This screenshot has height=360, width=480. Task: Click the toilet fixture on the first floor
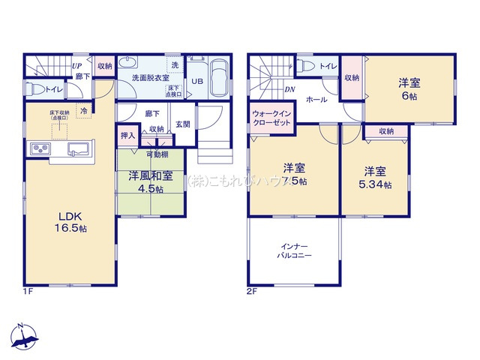click(x=35, y=89)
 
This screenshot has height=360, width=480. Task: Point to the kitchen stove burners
click(x=39, y=151)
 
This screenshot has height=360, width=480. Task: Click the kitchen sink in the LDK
click(x=76, y=151)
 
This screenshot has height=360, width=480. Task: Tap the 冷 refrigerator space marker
click(x=85, y=110)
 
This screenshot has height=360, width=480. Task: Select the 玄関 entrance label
click(x=183, y=124)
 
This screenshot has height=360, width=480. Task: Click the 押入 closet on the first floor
click(x=127, y=136)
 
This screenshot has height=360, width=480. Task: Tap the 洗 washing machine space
click(x=174, y=64)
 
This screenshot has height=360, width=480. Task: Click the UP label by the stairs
click(x=76, y=66)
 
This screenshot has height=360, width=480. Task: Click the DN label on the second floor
click(x=289, y=89)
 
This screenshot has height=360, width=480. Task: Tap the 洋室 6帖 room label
click(x=409, y=88)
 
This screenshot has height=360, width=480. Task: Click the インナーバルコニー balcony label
click(x=295, y=250)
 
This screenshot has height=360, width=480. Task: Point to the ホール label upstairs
click(x=316, y=99)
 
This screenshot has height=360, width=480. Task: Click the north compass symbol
click(x=24, y=338)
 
